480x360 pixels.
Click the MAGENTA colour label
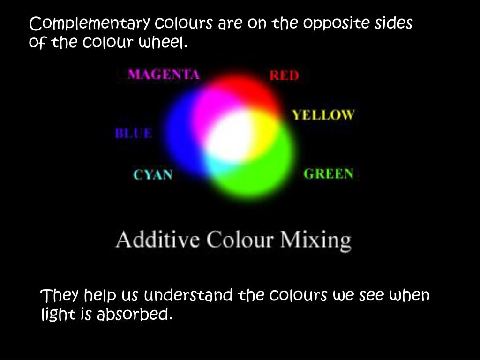pyautogui.click(x=164, y=75)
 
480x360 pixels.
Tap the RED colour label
pyautogui.click(x=284, y=75)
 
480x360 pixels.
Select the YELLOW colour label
pyautogui.click(x=323, y=115)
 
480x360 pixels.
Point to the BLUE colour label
pyautogui.click(x=134, y=133)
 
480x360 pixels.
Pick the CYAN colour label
pyautogui.click(x=153, y=175)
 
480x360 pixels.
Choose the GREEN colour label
pyautogui.click(x=329, y=173)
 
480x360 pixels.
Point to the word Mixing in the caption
pyautogui.click(x=315, y=240)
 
